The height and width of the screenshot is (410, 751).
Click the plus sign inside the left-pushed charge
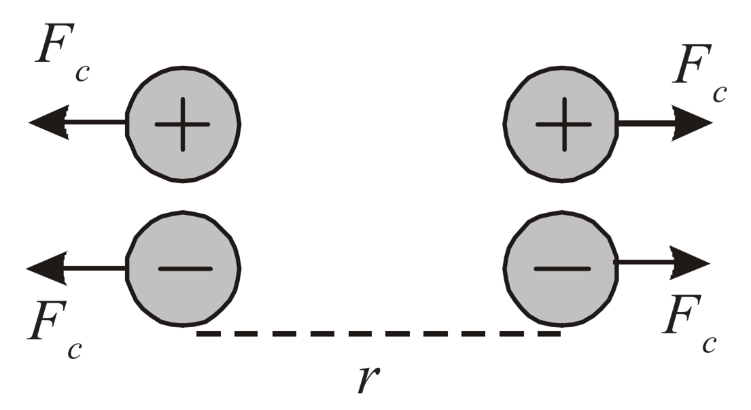[183, 125]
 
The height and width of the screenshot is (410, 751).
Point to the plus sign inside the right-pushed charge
[563, 125]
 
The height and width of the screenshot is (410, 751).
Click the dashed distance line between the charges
[378, 334]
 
